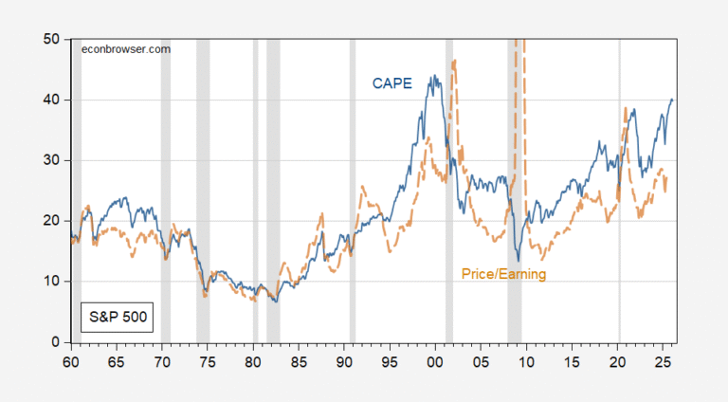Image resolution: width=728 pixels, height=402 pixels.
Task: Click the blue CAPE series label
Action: pyautogui.click(x=391, y=83)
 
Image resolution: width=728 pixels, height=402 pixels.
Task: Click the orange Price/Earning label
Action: pyautogui.click(x=503, y=274)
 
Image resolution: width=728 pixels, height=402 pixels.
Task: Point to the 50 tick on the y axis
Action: pyautogui.click(x=53, y=39)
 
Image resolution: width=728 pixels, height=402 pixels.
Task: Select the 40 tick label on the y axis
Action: pyautogui.click(x=53, y=100)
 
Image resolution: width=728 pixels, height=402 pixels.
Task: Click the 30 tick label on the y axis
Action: pyautogui.click(x=53, y=160)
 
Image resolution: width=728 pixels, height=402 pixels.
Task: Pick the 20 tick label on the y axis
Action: pyautogui.click(x=53, y=221)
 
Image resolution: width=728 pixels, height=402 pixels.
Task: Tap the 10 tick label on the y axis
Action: pyautogui.click(x=53, y=282)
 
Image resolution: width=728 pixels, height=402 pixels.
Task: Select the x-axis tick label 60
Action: pyautogui.click(x=70, y=362)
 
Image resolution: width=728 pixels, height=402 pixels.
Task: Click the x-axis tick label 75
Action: pyautogui.click(x=207, y=362)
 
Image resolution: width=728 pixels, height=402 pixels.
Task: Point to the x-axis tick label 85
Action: pyautogui.click(x=299, y=362)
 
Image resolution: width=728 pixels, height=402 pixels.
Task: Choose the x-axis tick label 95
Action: pyautogui.click(x=390, y=362)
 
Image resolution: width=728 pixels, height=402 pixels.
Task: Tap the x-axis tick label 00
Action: pyautogui.click(x=435, y=362)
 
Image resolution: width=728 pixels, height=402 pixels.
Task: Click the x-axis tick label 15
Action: pyautogui.click(x=573, y=362)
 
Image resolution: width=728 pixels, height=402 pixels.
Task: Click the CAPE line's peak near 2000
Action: pyautogui.click(x=433, y=76)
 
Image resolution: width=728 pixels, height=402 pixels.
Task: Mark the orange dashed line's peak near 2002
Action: pyautogui.click(x=455, y=61)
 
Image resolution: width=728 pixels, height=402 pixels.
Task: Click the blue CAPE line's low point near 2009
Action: pyautogui.click(x=518, y=261)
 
